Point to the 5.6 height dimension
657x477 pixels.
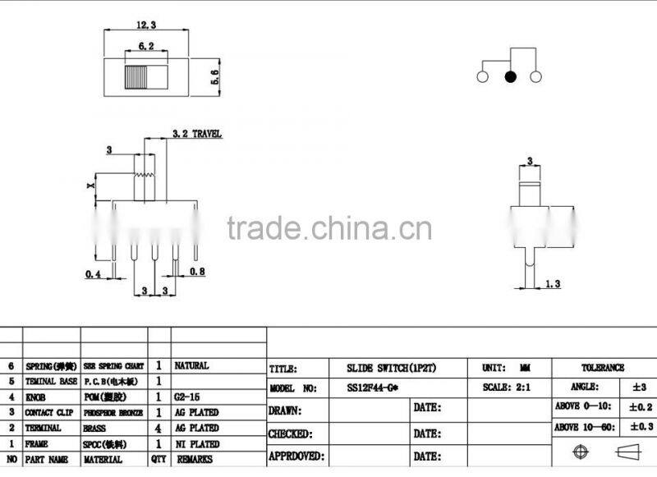pos(215,78)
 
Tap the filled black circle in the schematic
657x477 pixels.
pos(510,77)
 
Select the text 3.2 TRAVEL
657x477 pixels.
pos(197,133)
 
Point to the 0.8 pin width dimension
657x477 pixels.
pos(197,271)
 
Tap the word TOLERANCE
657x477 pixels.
pos(604,368)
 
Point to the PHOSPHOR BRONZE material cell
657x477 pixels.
pos(113,412)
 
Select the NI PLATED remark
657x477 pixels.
pos(196,443)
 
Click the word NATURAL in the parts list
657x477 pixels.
pos(192,365)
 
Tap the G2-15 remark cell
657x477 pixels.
pos(188,397)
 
